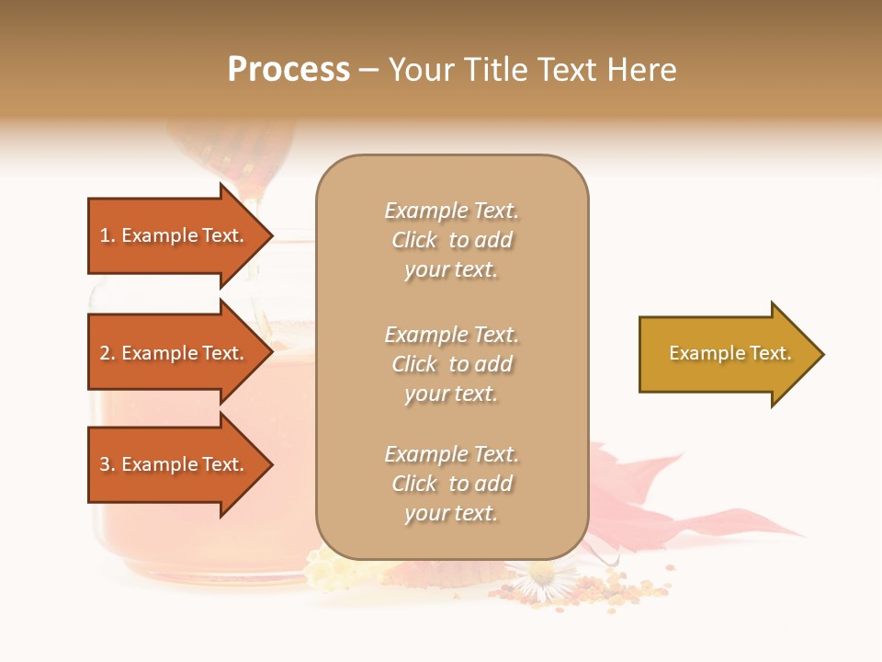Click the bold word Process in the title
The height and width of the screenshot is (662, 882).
pyautogui.click(x=288, y=70)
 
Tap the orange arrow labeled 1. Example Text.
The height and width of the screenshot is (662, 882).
pyautogui.click(x=172, y=235)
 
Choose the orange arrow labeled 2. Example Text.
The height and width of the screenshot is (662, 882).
pyautogui.click(x=172, y=353)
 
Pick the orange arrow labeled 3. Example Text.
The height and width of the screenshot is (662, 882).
pyautogui.click(x=172, y=464)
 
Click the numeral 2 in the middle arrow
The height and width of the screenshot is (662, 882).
pyautogui.click(x=105, y=353)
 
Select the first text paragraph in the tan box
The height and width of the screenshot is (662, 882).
pyautogui.click(x=451, y=240)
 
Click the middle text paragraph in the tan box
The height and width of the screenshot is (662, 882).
pyautogui.click(x=451, y=364)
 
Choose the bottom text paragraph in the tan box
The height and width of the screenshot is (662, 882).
pyautogui.click(x=451, y=484)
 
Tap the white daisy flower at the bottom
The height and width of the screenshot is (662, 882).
pyautogui.click(x=542, y=578)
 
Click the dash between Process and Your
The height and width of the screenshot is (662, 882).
pyautogui.click(x=369, y=70)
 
